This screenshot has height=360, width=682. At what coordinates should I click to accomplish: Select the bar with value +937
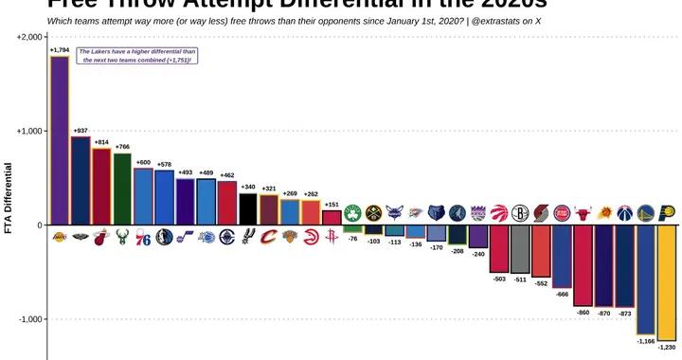[81, 180]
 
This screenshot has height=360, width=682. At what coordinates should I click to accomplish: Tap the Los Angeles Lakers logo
[59, 237]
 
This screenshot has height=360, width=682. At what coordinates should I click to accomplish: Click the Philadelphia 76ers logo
[143, 237]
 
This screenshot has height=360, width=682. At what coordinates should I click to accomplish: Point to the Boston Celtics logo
[352, 213]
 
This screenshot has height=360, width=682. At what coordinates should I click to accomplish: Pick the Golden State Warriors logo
[646, 213]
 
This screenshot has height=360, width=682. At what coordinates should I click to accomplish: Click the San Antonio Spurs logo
[247, 237]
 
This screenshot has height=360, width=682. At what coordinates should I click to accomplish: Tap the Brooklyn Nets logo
[520, 213]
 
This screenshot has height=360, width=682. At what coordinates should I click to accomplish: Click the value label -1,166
[646, 340]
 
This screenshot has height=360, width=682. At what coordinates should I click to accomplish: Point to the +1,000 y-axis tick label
[29, 131]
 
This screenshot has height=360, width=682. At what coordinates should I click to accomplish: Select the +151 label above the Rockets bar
[332, 204]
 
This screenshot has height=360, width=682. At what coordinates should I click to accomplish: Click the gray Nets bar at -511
[520, 249]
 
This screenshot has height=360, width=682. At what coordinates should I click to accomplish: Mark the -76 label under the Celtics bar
[352, 240]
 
